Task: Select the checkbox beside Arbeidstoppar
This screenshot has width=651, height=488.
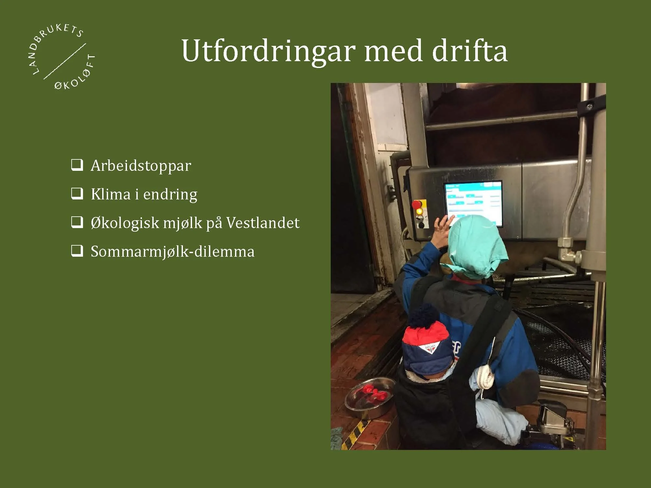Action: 77,165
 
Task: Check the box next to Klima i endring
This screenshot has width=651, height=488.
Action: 77,194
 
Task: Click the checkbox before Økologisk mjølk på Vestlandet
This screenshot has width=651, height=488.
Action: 77,223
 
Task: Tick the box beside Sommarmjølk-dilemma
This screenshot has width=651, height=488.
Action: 77,251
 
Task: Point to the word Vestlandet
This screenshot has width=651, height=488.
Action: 263,223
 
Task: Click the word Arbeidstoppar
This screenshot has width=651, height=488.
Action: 141,166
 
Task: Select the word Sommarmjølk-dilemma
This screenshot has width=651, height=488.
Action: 173,251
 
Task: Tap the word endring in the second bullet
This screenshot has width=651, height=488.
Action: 170,195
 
